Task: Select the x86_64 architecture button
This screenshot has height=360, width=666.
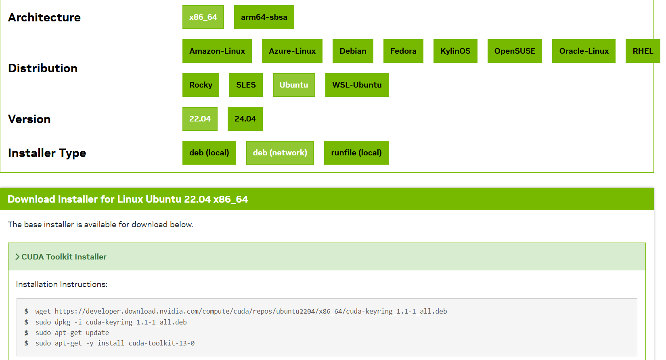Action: click(x=203, y=17)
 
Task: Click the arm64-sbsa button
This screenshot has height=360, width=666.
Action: click(x=264, y=17)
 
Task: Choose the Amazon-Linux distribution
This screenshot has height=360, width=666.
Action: click(x=217, y=51)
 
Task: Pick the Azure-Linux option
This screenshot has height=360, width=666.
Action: click(x=292, y=51)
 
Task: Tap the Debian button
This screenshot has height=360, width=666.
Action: click(x=353, y=51)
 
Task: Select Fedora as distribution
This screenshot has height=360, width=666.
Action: click(x=403, y=51)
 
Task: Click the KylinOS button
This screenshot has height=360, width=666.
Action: click(x=455, y=51)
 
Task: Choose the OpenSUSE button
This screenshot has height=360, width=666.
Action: click(x=515, y=51)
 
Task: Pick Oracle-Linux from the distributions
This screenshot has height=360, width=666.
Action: click(x=584, y=51)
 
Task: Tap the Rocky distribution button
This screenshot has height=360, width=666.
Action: click(x=201, y=85)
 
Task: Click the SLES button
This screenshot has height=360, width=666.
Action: click(x=246, y=85)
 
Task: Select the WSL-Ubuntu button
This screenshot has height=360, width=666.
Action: click(x=357, y=85)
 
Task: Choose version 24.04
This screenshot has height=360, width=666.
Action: click(x=245, y=119)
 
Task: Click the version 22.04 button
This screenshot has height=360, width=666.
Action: click(x=200, y=119)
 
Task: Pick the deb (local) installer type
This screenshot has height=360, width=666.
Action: click(x=209, y=153)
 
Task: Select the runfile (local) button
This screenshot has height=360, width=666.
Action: click(x=356, y=153)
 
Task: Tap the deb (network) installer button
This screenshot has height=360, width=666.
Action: click(x=280, y=153)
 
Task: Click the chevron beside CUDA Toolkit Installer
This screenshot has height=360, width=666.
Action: click(x=17, y=257)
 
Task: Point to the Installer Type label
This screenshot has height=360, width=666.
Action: click(x=47, y=153)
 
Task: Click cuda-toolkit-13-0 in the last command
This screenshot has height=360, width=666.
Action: click(x=161, y=343)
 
